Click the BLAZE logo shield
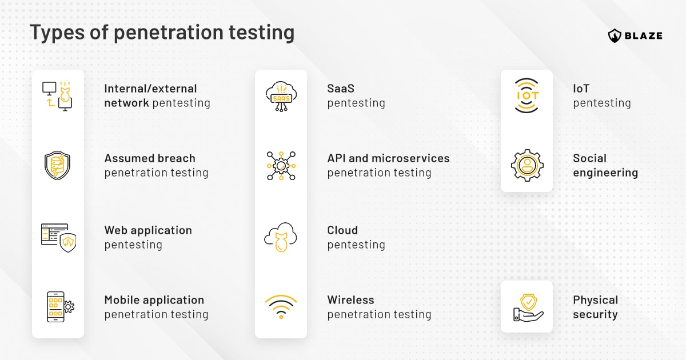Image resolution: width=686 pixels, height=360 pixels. point(615,35)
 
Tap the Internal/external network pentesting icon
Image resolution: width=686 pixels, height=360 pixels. point(58,96)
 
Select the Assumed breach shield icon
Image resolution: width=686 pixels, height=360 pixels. point(58,166)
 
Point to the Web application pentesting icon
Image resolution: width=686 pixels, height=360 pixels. point(58,237)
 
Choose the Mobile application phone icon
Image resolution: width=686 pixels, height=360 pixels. point(59,307)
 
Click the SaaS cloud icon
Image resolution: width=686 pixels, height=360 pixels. point(281,96)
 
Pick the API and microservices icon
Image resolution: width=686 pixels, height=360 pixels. point(281,166)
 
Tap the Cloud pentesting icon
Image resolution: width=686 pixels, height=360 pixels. point(281,236)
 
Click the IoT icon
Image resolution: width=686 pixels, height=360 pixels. point(527,96)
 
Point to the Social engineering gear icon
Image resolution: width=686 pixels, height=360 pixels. point(527,166)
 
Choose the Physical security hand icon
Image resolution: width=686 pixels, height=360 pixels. point(527,307)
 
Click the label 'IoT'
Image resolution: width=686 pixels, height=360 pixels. point(581,89)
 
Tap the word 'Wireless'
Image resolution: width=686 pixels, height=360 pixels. point(350,300)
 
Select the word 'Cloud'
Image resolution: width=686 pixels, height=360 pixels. point(342,230)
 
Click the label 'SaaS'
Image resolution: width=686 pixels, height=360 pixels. point(341,89)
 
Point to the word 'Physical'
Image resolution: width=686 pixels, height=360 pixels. point(596,300)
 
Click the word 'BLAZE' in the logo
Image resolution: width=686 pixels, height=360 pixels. point(644,35)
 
